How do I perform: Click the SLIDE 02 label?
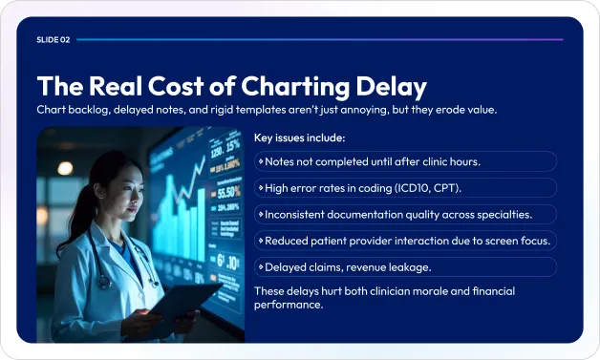coord(54,40)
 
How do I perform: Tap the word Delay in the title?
coord(388,87)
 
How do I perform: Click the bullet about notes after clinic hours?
coord(373,161)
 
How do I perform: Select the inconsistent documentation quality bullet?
coord(398,214)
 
